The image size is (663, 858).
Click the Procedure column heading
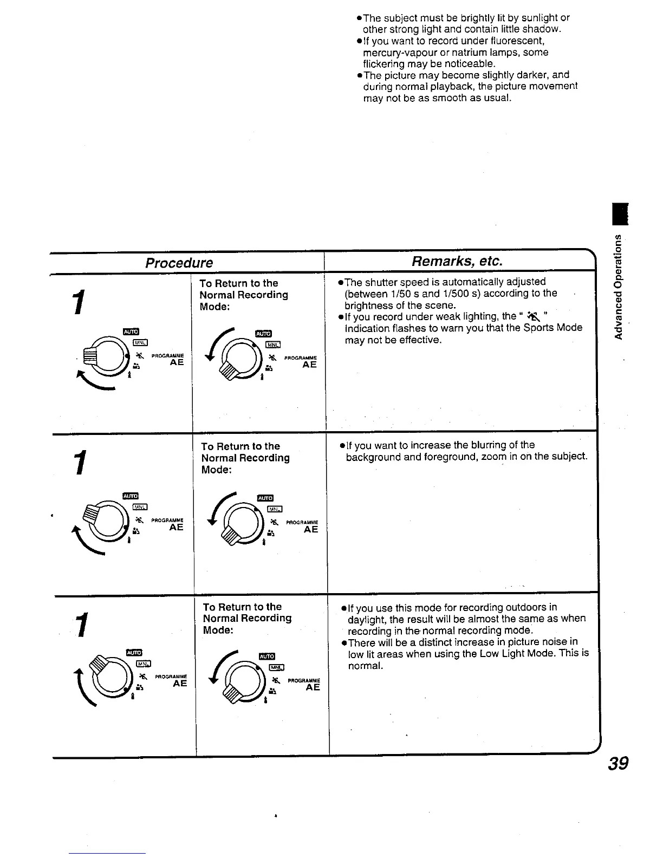point(179,263)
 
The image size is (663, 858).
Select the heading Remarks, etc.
point(457,261)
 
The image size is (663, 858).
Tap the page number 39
point(617,763)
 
